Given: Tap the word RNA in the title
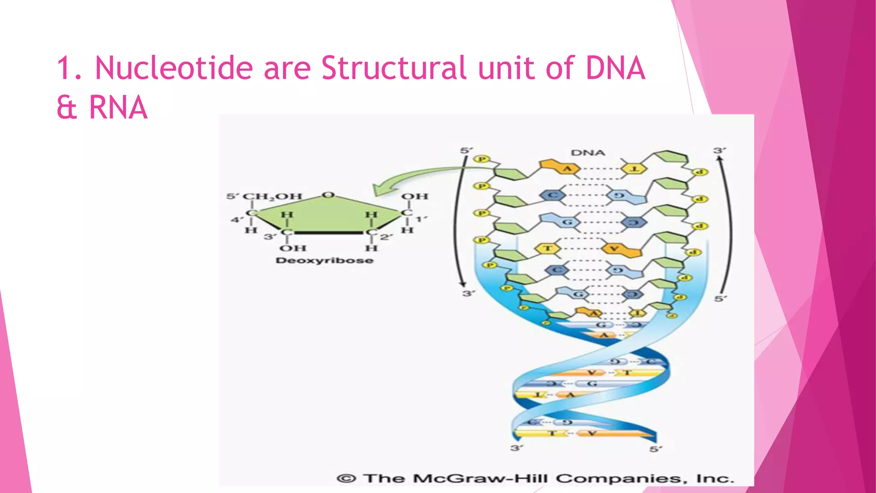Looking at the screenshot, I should (118, 108).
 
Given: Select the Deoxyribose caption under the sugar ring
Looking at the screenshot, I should (324, 261).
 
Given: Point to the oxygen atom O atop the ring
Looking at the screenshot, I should (328, 195).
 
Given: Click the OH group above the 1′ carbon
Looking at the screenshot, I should (414, 196).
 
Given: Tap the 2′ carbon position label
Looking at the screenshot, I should (386, 237).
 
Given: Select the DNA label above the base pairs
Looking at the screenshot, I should (588, 153).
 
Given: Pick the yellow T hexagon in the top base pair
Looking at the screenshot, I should (634, 169).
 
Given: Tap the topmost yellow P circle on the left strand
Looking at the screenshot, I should (481, 159).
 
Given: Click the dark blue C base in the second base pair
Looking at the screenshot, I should (552, 195).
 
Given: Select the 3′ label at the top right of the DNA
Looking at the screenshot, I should (719, 151).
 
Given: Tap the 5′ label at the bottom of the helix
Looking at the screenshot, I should (655, 449).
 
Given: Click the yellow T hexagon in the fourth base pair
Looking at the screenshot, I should (547, 248).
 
